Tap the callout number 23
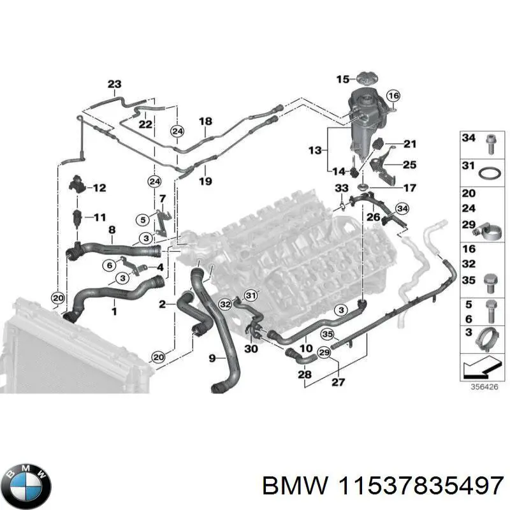tap(114, 84)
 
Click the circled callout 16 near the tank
tap(393, 96)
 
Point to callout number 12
tap(99, 188)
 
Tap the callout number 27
tap(337, 382)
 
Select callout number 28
tap(305, 375)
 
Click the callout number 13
tap(315, 150)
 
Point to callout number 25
tap(409, 165)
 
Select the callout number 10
tap(307, 348)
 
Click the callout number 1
tap(114, 311)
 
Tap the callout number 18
tap(205, 121)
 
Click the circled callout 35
tap(328, 333)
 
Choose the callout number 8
tap(112, 230)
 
